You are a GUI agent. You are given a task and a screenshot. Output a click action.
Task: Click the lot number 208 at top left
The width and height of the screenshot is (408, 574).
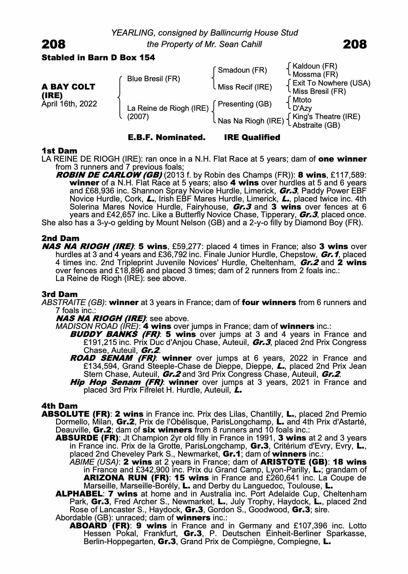pyautogui.click(x=54, y=44)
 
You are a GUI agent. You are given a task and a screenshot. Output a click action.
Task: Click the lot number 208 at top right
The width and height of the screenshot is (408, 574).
pyautogui.click(x=354, y=44)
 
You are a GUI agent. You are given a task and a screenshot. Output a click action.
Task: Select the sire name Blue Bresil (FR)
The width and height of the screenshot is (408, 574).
pyautogui.click(x=153, y=79)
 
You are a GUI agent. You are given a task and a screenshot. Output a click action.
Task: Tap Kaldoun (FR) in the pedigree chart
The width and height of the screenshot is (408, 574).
pyautogui.click(x=315, y=66)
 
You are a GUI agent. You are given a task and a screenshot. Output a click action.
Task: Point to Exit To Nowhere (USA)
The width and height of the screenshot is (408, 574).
pyautogui.click(x=331, y=83)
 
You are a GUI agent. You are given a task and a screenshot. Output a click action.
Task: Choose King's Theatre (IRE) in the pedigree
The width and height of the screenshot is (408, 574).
pyautogui.click(x=326, y=117)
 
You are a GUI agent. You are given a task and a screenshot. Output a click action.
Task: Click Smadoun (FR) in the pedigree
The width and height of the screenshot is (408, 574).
pyautogui.click(x=242, y=70)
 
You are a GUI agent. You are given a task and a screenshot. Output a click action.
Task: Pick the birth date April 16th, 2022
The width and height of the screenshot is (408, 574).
pyautogui.click(x=69, y=104)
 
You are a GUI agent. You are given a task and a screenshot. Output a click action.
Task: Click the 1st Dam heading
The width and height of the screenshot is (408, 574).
pyautogui.click(x=59, y=151)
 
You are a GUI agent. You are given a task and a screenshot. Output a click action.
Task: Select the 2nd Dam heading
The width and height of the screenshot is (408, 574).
pyautogui.click(x=60, y=238)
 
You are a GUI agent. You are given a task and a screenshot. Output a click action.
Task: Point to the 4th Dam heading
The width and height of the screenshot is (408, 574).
pyautogui.click(x=60, y=406)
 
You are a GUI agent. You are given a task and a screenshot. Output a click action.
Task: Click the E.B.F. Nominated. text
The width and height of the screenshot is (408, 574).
pyautogui.click(x=166, y=137)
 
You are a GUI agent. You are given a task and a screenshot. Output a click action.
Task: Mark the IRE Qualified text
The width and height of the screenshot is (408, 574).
pyautogui.click(x=252, y=137)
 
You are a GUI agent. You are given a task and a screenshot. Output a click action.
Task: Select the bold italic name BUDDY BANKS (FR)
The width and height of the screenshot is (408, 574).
pyautogui.click(x=115, y=334)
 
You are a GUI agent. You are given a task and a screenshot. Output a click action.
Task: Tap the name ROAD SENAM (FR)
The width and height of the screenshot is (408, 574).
pyautogui.click(x=113, y=358)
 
